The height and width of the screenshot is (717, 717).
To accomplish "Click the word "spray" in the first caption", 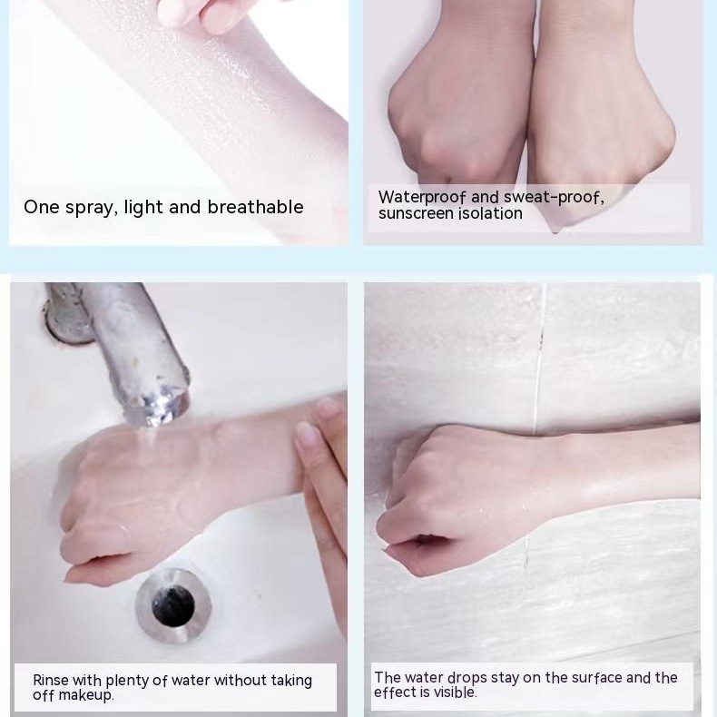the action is pos(89,208).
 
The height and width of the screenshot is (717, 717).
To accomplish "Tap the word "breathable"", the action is pos(255,207).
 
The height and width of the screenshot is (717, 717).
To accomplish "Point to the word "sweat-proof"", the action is pos(554,198).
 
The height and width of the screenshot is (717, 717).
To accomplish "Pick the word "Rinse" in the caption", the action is pos(51,680).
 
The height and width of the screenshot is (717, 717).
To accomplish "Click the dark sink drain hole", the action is pos(172,606).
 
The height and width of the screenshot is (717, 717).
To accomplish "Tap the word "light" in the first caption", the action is pos(143,208).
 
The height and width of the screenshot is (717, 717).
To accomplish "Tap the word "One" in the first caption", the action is pos(41,207).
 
